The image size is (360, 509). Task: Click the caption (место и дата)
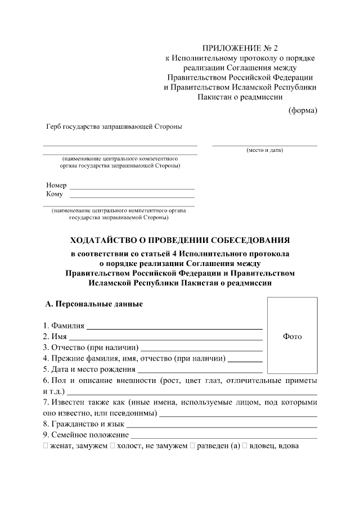tap(264, 150)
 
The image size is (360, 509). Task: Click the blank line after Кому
tap(132, 197)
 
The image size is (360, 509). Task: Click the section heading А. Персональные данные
tap(94, 304)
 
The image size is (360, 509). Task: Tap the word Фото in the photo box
tap(292, 336)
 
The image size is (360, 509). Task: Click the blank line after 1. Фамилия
tap(174, 327)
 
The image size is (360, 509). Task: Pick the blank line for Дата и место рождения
tap(200, 371)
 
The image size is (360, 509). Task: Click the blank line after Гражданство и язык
tap(222, 426)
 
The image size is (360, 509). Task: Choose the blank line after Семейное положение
tap(224, 436)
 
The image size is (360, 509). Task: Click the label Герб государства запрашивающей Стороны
tap(114, 127)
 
